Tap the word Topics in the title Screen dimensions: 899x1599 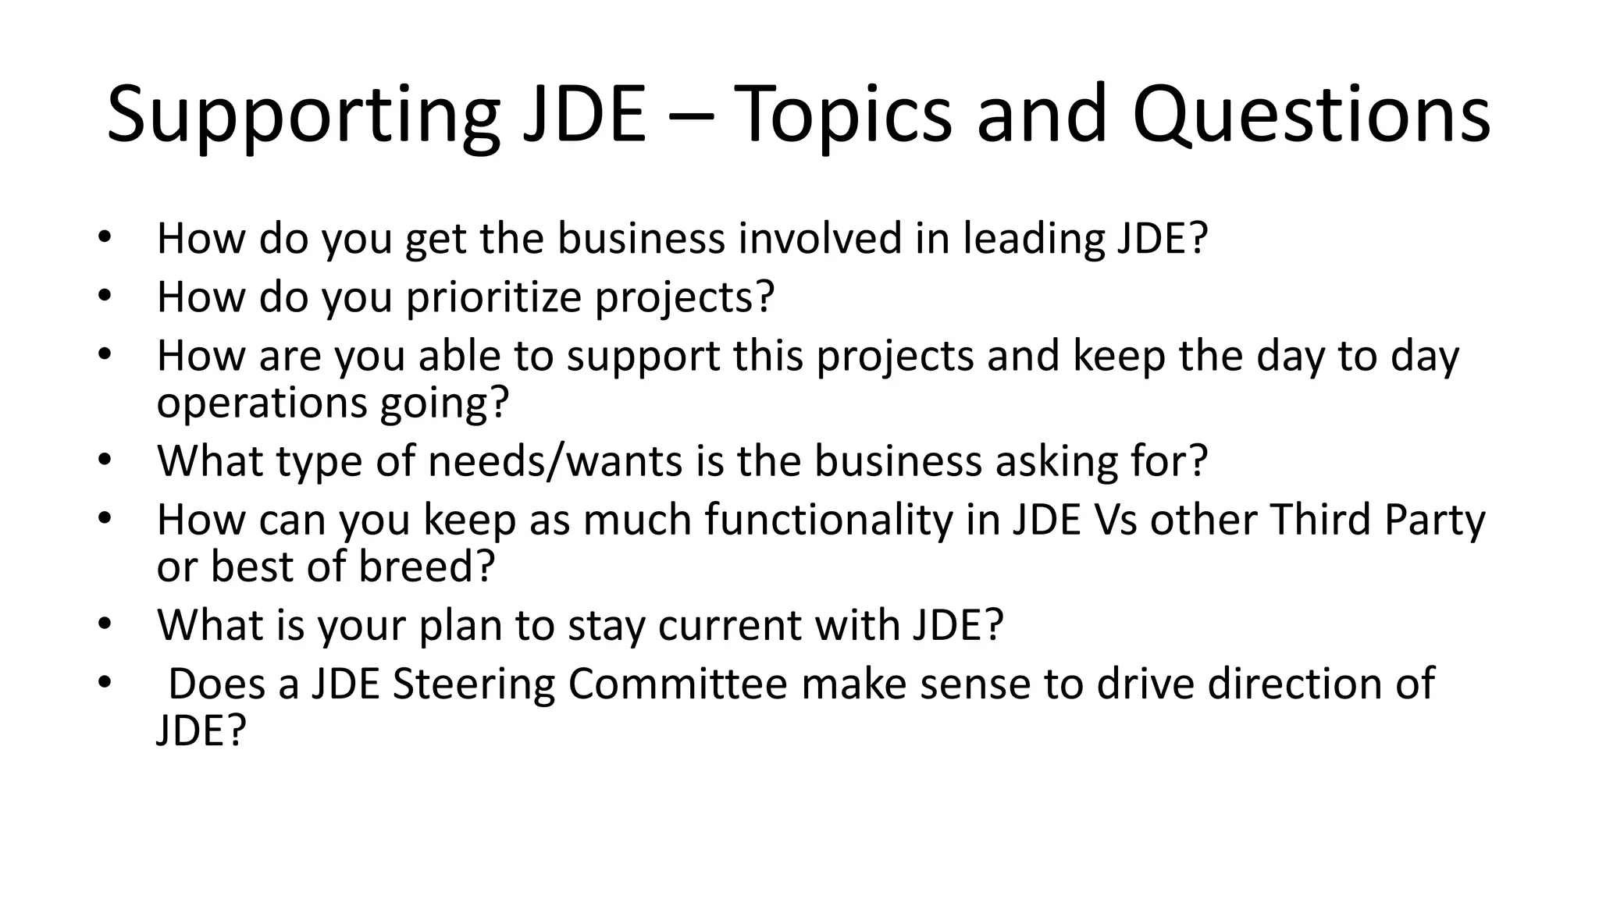pos(843,115)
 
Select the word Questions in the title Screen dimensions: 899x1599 pos(1311,115)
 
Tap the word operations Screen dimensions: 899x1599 pos(262,403)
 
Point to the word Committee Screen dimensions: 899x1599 pos(678,684)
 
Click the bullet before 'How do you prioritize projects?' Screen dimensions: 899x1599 pos(105,297)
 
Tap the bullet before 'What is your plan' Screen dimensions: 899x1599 pos(105,625)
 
